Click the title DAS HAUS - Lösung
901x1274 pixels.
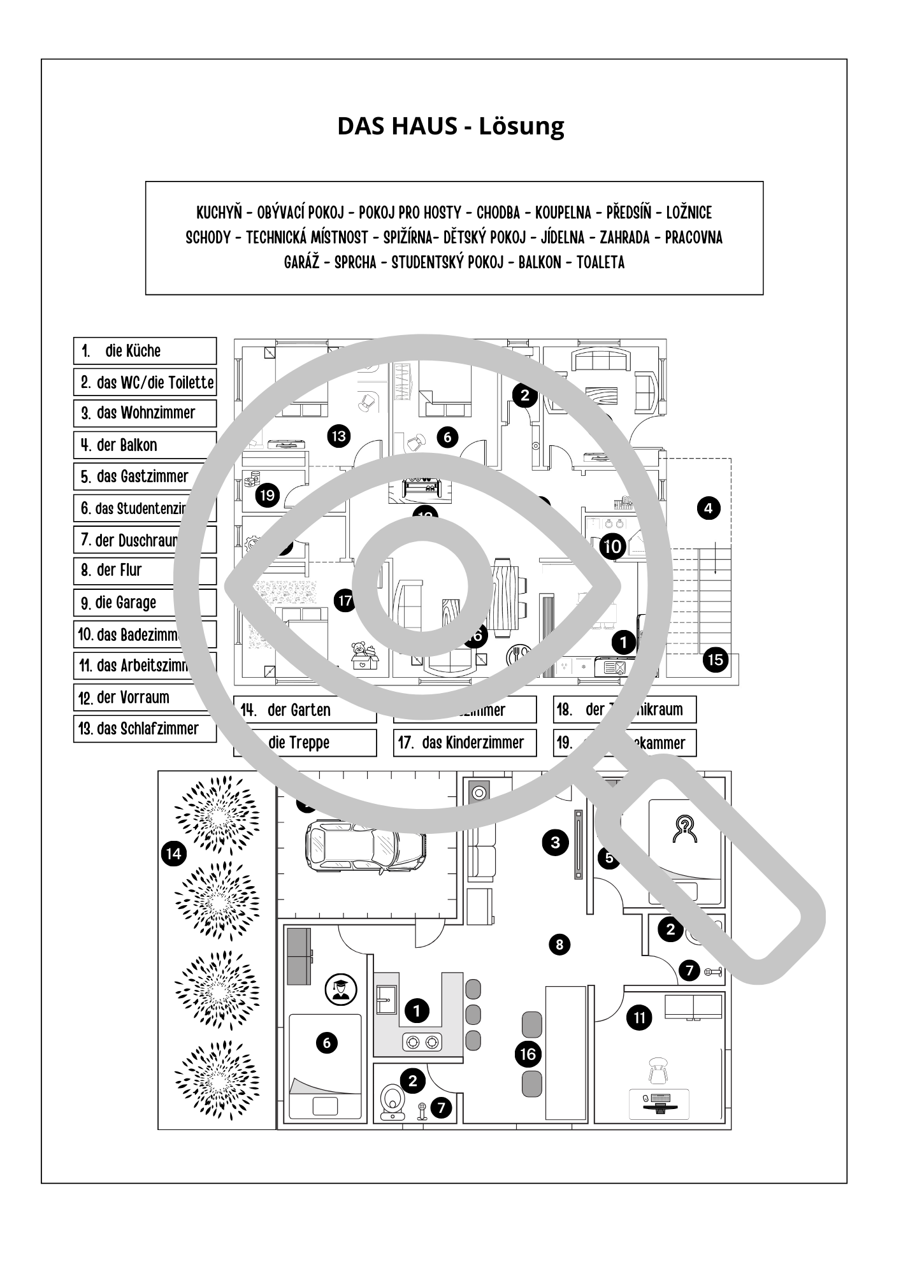[x=450, y=126]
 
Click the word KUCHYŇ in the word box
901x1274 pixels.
[x=219, y=212]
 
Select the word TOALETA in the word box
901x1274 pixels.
[x=600, y=262]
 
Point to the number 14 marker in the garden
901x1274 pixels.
[x=173, y=854]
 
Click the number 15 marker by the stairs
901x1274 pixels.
[x=716, y=659]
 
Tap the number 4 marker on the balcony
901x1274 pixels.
[x=708, y=508]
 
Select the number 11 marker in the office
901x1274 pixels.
[x=639, y=1018]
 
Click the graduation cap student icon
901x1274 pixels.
[x=341, y=989]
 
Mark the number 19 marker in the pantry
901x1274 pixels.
[x=268, y=495]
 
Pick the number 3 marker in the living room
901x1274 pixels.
[x=555, y=843]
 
